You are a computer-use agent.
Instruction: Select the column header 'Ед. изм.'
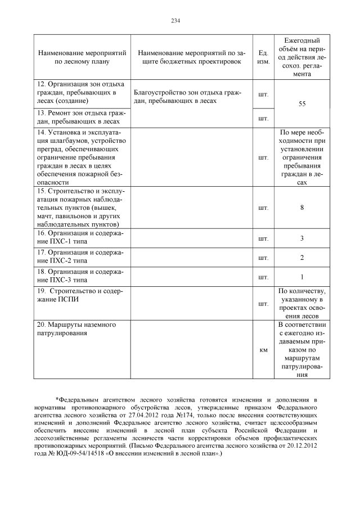tap(262, 57)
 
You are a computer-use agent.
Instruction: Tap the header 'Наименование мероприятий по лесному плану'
tap(81, 57)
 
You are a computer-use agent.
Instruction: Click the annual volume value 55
tap(302, 104)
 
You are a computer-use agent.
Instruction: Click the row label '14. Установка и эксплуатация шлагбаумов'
tap(81, 157)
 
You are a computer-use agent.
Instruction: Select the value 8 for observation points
tap(302, 208)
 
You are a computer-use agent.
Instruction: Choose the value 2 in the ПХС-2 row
tap(302, 258)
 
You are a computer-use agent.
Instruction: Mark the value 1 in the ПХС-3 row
tap(302, 277)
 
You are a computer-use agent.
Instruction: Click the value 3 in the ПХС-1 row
tap(302, 238)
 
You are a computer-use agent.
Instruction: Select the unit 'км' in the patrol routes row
tap(263, 350)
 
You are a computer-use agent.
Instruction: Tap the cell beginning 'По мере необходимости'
tap(302, 157)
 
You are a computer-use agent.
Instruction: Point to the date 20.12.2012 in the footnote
tap(304, 444)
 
